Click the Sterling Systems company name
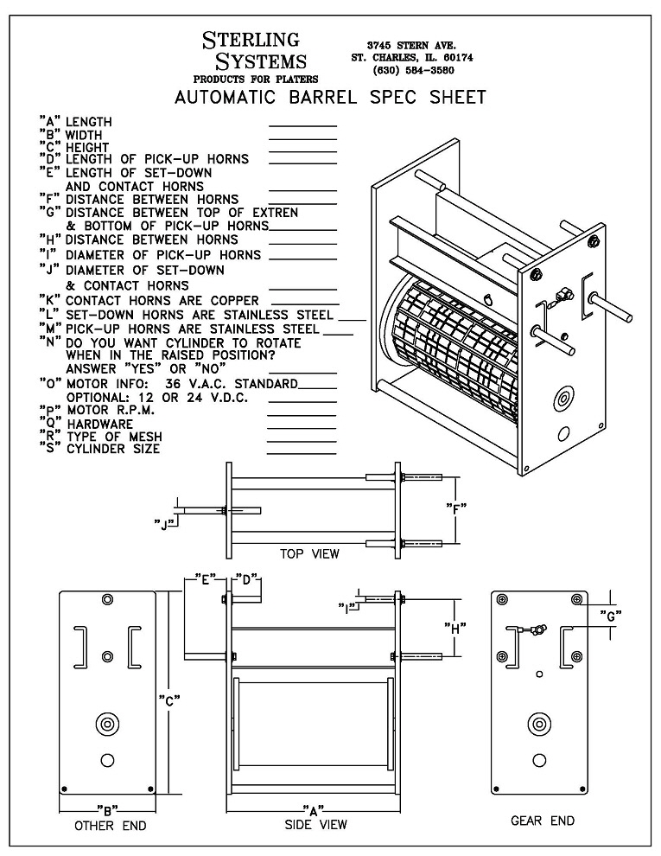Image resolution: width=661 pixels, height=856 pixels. tap(253, 50)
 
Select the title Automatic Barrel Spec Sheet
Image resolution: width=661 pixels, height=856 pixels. tap(330, 97)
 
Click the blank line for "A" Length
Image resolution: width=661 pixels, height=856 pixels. tap(302, 125)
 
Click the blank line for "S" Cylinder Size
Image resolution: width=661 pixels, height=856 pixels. tap(302, 450)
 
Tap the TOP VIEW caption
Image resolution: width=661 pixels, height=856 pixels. tap(309, 553)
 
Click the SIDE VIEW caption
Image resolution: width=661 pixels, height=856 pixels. tap(316, 824)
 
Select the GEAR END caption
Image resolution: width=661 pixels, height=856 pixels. tap(542, 820)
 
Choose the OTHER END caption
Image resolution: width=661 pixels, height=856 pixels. tap(111, 826)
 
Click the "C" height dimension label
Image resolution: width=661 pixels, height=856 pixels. tap(171, 701)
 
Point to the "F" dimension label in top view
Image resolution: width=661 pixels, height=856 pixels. tap(456, 508)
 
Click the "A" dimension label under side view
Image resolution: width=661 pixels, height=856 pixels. tap(313, 809)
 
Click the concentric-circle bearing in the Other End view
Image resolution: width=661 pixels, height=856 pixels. tap(107, 723)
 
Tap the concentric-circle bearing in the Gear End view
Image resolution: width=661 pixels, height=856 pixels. tap(539, 723)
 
